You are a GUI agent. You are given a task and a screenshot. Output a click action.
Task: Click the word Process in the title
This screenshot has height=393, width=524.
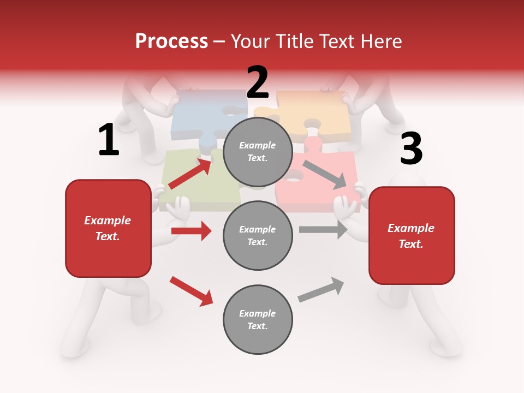171,41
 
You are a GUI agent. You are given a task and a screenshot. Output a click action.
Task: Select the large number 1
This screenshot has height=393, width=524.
109,140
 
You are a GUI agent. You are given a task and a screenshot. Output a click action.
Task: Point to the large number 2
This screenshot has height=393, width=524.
258,82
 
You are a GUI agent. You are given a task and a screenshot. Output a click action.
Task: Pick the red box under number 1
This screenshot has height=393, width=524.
108,228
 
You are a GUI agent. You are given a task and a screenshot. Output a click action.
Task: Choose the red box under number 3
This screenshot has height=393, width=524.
412,235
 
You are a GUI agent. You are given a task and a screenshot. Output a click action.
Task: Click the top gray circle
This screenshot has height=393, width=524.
258,152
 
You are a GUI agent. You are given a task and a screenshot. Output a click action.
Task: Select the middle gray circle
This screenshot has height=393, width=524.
258,235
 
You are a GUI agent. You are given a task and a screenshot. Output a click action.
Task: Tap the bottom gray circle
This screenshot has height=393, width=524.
258,319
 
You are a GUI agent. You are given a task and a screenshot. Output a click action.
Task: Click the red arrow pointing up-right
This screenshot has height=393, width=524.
190,174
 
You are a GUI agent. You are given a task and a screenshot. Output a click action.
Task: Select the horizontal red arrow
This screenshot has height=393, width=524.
191,231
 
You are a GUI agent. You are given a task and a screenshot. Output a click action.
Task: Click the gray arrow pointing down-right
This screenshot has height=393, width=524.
325,175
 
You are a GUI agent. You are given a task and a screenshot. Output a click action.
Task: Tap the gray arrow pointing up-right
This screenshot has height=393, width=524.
321,289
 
